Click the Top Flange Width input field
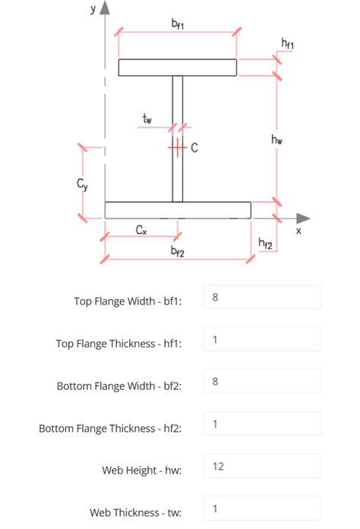point(262,298)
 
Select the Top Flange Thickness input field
point(262,339)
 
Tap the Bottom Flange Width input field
point(262,382)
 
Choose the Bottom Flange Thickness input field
point(262,424)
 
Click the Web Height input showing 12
point(262,466)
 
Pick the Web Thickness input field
point(262,509)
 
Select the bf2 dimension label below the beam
point(177,250)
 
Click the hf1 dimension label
point(288,45)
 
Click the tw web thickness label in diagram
point(147,118)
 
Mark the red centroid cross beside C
point(177,147)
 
